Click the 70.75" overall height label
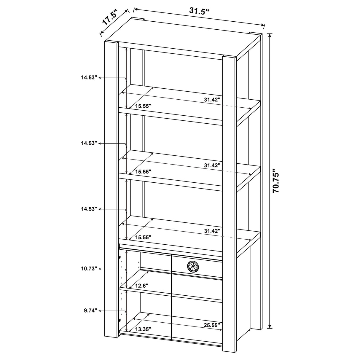(276, 181)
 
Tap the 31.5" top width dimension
(199, 11)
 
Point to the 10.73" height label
(89, 269)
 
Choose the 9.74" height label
(90, 311)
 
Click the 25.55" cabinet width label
(212, 325)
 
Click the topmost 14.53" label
(89, 77)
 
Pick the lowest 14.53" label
(89, 209)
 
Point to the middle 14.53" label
(89, 143)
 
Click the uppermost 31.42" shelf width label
(212, 100)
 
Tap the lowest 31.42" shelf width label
(212, 231)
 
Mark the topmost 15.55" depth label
(143, 106)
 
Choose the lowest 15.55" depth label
(143, 237)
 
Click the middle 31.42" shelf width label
(212, 165)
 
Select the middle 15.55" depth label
(143, 171)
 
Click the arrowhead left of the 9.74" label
(100, 311)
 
